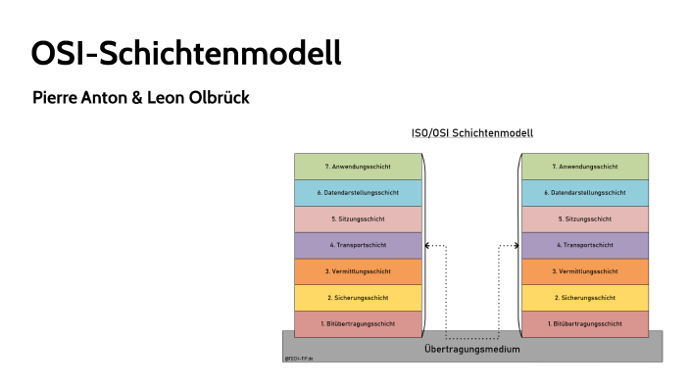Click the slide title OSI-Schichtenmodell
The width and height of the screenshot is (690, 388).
click(185, 52)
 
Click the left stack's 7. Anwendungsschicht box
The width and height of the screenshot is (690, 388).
click(358, 167)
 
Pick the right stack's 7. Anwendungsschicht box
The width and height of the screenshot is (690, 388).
click(585, 167)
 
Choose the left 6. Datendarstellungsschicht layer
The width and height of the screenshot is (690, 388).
click(358, 193)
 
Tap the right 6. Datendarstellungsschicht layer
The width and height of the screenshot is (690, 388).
click(585, 193)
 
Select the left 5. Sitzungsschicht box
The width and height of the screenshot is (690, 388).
click(358, 218)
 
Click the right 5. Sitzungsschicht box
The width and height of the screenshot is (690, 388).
click(585, 218)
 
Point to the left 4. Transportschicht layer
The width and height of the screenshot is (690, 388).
click(358, 245)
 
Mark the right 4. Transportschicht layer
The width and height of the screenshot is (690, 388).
click(585, 245)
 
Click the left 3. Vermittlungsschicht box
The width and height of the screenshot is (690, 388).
click(358, 271)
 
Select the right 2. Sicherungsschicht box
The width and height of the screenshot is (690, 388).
click(585, 297)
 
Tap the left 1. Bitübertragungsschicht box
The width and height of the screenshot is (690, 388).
click(358, 323)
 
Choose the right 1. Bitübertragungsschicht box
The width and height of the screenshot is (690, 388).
click(585, 323)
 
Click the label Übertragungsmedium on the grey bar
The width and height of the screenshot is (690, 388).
click(471, 349)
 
